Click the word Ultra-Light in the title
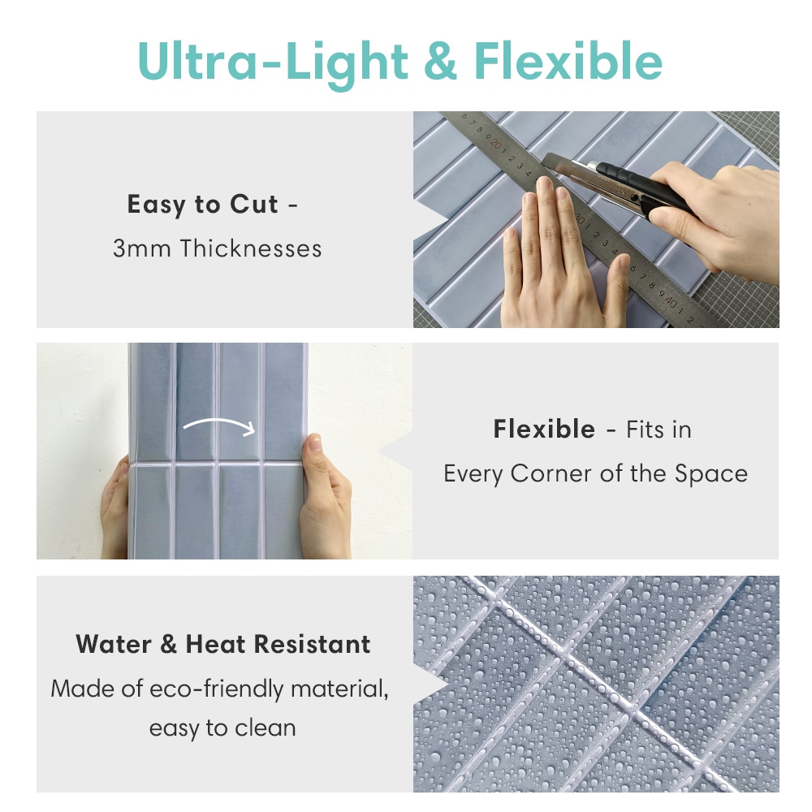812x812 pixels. (x=273, y=62)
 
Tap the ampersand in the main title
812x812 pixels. (x=440, y=61)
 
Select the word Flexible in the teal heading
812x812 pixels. (x=568, y=61)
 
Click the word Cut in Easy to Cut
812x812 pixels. (x=253, y=204)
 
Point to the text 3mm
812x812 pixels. (x=142, y=248)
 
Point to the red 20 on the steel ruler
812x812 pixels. (x=496, y=143)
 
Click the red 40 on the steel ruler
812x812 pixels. (x=671, y=301)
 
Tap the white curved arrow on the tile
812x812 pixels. (x=219, y=425)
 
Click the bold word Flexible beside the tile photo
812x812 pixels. (x=544, y=430)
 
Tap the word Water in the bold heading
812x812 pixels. (x=114, y=644)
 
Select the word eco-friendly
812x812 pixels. (x=217, y=689)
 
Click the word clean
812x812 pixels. (x=266, y=728)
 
